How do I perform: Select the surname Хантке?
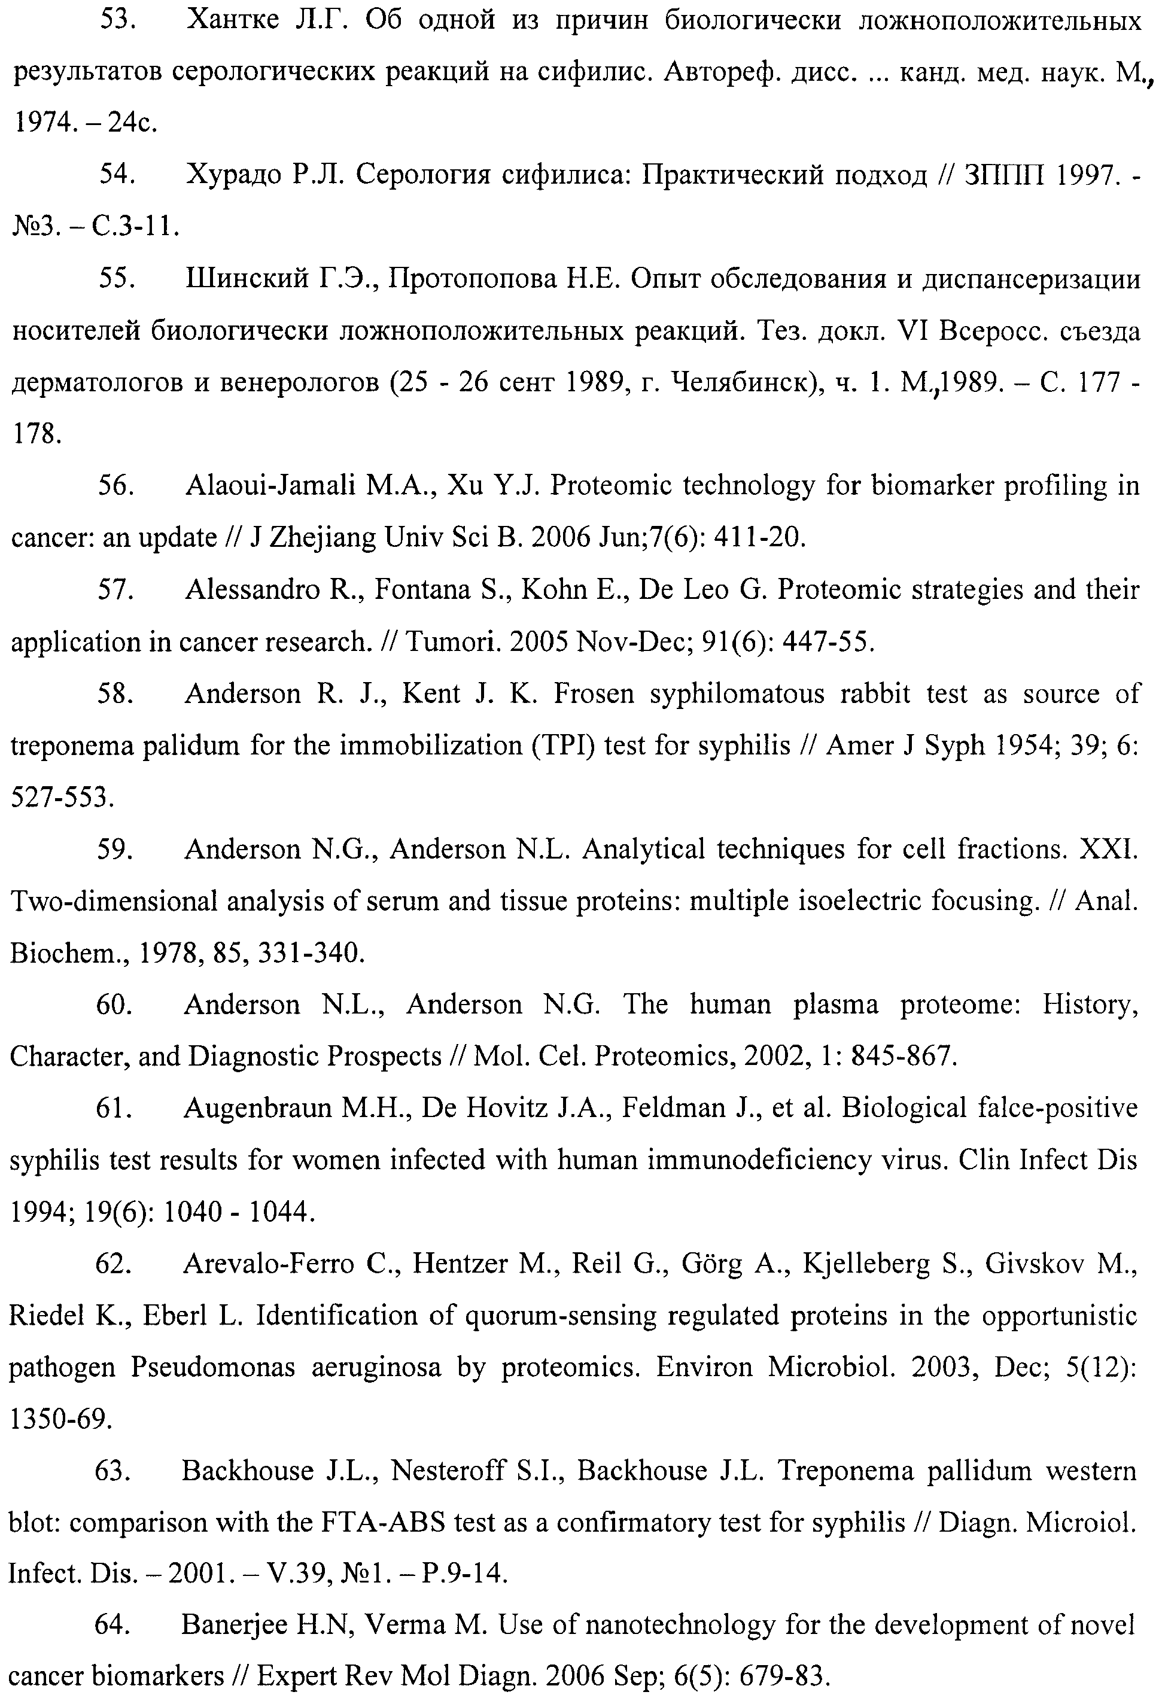click(x=233, y=20)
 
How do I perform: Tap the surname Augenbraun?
click(x=258, y=1109)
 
